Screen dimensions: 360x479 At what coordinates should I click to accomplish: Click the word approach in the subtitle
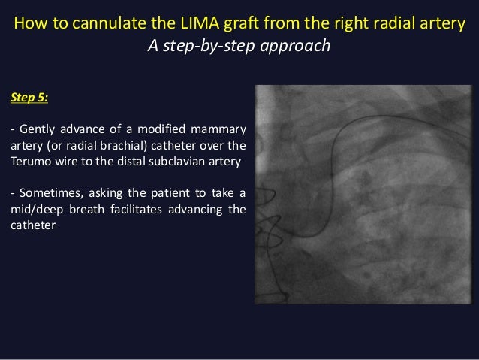(x=297, y=46)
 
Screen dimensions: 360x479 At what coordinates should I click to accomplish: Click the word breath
(x=92, y=209)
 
